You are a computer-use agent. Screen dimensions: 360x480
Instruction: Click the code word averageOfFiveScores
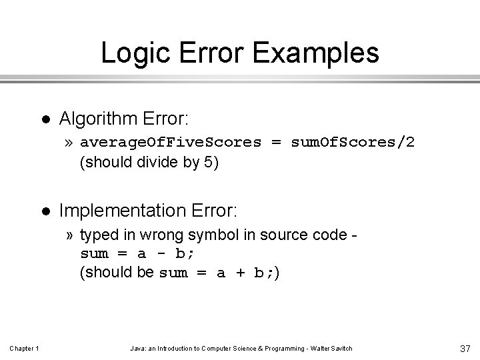coord(171,143)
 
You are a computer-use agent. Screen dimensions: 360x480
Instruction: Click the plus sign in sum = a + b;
coord(239,273)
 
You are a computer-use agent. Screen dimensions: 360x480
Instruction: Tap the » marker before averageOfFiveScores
coord(70,143)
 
